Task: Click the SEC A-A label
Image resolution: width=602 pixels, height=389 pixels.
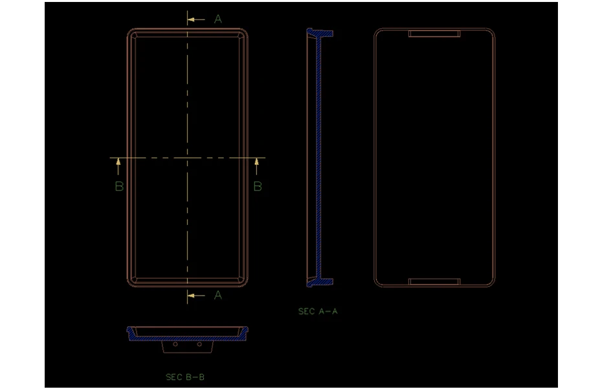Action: [x=318, y=311]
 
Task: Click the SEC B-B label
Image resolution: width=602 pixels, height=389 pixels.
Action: [x=185, y=377]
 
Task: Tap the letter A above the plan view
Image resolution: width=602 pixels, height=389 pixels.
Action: [x=218, y=19]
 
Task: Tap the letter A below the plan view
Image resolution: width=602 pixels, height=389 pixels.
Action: [x=218, y=295]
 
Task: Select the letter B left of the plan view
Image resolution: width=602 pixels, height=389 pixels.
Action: [x=118, y=187]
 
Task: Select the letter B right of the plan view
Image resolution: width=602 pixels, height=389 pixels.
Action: [x=257, y=187]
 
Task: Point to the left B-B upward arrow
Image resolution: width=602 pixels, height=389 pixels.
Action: [x=118, y=167]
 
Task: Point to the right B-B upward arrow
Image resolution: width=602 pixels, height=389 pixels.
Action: [x=257, y=167]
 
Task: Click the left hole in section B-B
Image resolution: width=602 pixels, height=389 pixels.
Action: [x=175, y=344]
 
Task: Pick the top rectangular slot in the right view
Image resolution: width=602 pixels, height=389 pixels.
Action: [x=434, y=33]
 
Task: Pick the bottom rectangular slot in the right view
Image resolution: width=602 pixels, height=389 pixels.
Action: [x=434, y=282]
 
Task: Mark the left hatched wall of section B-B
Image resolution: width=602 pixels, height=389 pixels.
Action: [x=132, y=335]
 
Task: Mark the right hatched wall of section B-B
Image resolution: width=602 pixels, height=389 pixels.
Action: [x=243, y=335]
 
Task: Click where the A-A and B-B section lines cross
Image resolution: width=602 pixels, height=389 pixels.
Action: [x=188, y=158]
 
